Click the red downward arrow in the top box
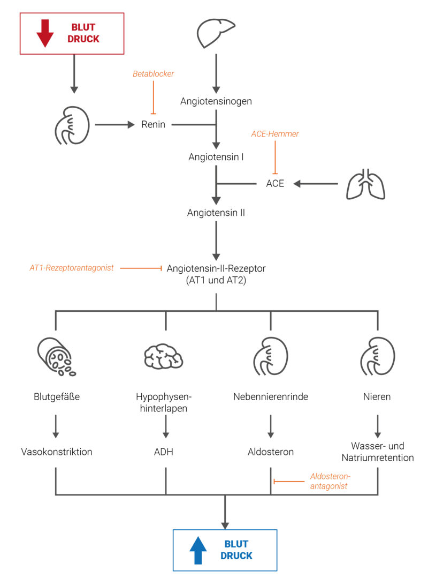(45, 33)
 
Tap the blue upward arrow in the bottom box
(197, 550)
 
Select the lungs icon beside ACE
(366, 184)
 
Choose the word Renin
(154, 125)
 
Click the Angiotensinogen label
(216, 101)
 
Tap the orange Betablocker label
(154, 74)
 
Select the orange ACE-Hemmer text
(275, 134)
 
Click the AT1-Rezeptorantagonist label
(72, 267)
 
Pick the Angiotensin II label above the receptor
(216, 213)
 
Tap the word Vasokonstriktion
(56, 452)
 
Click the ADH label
(165, 452)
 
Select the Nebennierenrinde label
(271, 397)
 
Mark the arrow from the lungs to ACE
(317, 184)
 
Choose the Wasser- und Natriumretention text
(378, 452)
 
